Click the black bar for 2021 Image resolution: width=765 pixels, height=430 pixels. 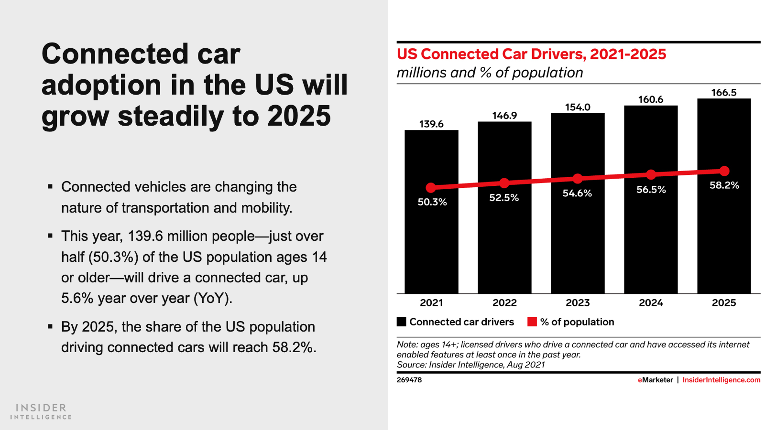(x=431, y=239)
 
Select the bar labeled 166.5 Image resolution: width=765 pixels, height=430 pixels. (x=724, y=229)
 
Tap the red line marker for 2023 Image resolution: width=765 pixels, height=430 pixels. (x=578, y=179)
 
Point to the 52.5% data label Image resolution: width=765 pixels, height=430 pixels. (x=504, y=198)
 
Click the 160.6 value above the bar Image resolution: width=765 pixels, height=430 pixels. (x=651, y=99)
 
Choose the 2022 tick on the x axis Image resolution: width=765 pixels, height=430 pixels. (x=504, y=302)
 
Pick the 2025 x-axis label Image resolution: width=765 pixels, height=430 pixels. (x=724, y=302)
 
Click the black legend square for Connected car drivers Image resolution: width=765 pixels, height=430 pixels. (x=402, y=322)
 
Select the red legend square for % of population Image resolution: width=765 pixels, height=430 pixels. (x=532, y=322)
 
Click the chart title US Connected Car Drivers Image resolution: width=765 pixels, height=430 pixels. (x=531, y=54)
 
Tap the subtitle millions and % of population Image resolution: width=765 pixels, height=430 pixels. (x=490, y=73)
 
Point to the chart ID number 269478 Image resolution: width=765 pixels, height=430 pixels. (x=409, y=380)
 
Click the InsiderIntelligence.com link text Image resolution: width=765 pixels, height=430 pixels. (x=721, y=380)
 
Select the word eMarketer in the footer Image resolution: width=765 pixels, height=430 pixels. (x=655, y=380)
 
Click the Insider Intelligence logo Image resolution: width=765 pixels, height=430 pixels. (x=41, y=411)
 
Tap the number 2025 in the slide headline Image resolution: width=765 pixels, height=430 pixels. (x=299, y=116)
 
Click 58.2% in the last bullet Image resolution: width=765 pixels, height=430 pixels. (x=294, y=347)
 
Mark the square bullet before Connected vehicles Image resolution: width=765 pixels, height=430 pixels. (x=50, y=186)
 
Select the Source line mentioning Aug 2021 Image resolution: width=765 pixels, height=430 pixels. (x=471, y=365)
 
